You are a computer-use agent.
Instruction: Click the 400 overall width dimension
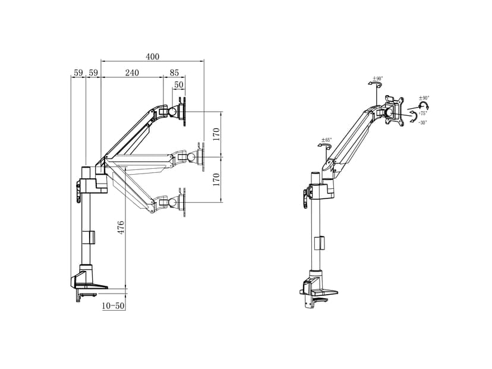pos(152,56)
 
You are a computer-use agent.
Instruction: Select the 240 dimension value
pos(131,72)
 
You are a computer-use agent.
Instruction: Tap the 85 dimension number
pos(174,72)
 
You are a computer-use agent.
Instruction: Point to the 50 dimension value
pos(179,86)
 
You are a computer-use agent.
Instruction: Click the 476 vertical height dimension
pos(121,228)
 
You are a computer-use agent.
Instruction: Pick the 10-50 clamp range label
pos(113,305)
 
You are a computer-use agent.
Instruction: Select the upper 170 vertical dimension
pos(216,134)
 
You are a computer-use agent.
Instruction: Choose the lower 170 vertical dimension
pos(216,179)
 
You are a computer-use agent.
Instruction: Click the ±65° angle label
pos(326,140)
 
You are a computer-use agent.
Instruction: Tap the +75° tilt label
pos(422,113)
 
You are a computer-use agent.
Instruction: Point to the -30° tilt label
pos(422,122)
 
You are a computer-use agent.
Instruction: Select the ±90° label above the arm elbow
pos(378,78)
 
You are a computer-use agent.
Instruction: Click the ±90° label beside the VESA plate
pos(424,97)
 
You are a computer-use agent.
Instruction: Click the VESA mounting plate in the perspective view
pos(393,111)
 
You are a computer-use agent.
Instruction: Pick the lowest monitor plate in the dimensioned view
pos(182,201)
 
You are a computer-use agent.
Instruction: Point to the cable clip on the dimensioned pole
pos(90,236)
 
